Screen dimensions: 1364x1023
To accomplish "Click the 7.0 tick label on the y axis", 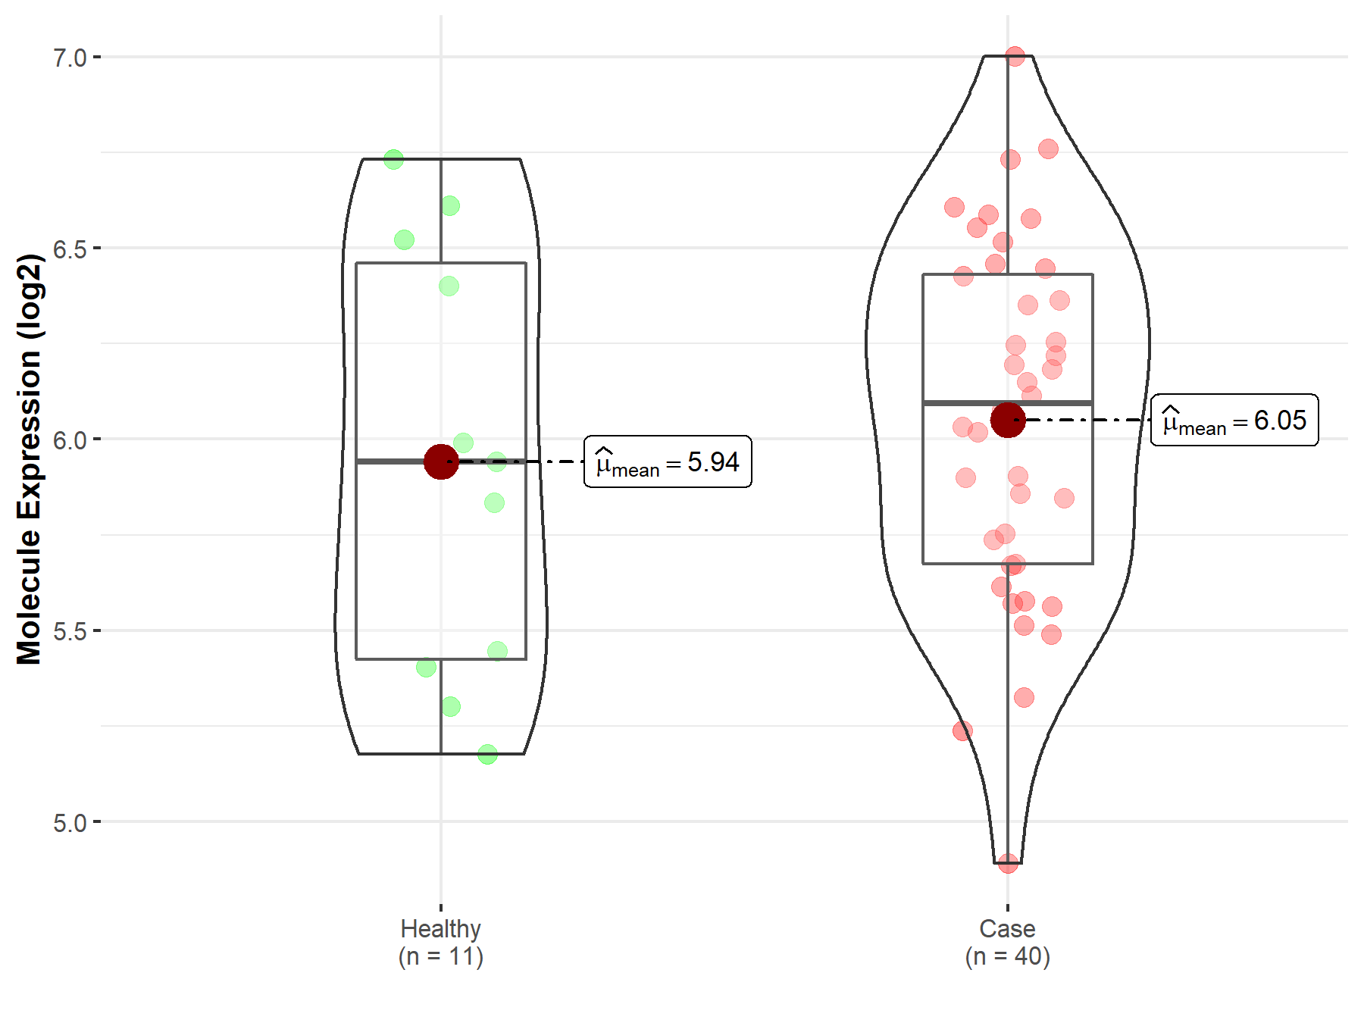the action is pyautogui.click(x=70, y=58).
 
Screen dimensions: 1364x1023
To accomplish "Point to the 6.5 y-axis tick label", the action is pyautogui.click(x=70, y=249).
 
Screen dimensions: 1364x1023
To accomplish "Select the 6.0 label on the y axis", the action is pyautogui.click(x=70, y=440).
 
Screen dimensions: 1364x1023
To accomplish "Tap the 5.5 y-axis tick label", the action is pyautogui.click(x=70, y=631).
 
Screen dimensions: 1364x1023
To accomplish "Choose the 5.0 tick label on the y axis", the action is pyautogui.click(x=70, y=822).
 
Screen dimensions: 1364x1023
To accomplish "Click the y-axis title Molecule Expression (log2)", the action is pyautogui.click(x=30, y=459).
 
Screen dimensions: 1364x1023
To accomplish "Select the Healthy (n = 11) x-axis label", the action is pyautogui.click(x=441, y=942).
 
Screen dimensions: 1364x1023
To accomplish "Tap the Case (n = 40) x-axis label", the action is pyautogui.click(x=1007, y=942).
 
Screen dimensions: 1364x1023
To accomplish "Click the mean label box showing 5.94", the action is pyautogui.click(x=668, y=461).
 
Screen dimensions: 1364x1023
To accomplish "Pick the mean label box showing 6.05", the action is pyautogui.click(x=1234, y=420).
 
